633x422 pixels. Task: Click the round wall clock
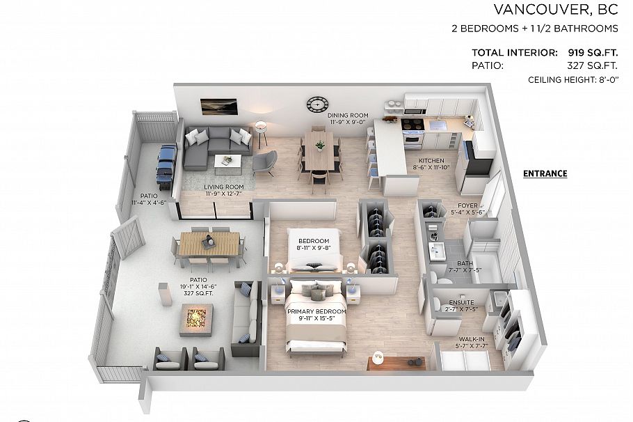pos(316,104)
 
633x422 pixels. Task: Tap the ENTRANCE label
pos(545,173)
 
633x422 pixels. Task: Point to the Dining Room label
pos(348,119)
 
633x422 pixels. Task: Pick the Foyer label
pos(467,209)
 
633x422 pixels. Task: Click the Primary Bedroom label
pos(316,315)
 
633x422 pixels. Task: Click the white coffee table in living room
pos(227,162)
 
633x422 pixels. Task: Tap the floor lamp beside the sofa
pos(262,130)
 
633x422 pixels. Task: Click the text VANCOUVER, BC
pos(556,10)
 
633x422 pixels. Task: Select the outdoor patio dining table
pos(208,244)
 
